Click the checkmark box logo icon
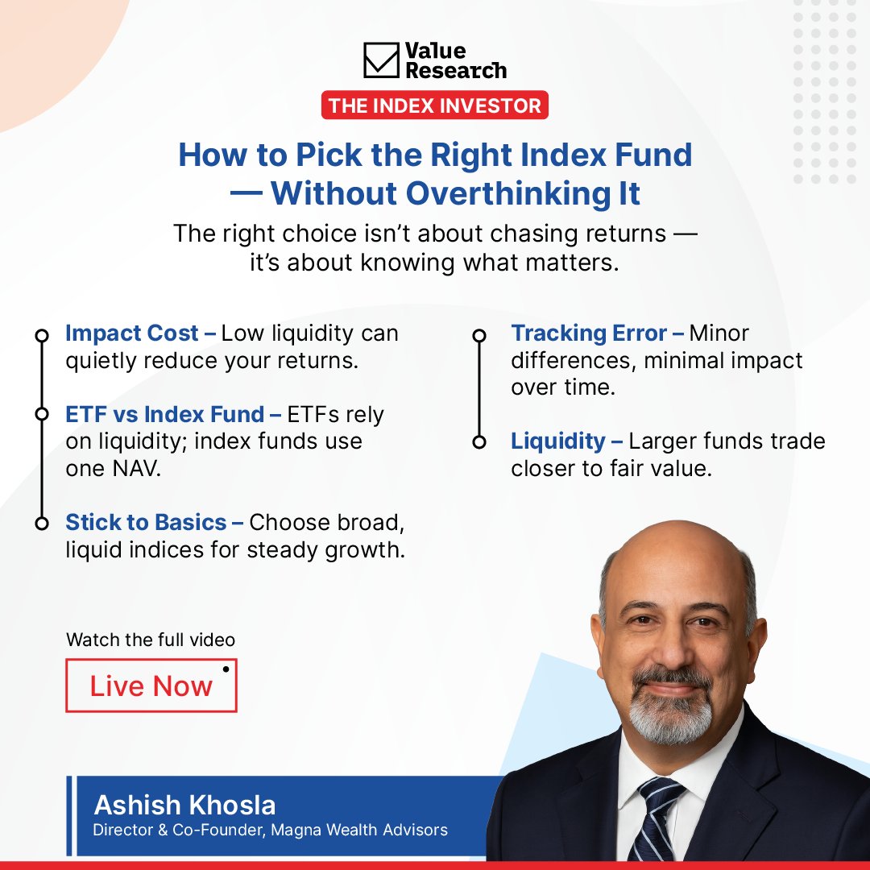(381, 60)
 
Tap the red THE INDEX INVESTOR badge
(435, 106)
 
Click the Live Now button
(151, 686)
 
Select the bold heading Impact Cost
(132, 333)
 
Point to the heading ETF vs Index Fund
(165, 415)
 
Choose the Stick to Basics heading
(146, 523)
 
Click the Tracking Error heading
(589, 333)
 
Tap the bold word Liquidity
(557, 441)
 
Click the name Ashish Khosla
(184, 805)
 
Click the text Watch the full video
(151, 640)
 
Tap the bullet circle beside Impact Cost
(42, 334)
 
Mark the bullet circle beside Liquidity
(479, 441)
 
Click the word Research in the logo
(456, 70)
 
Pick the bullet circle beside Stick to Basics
(42, 524)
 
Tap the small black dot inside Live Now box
(226, 669)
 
